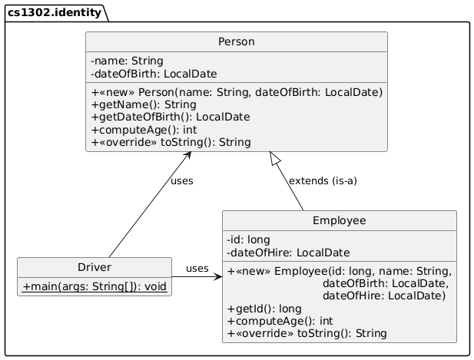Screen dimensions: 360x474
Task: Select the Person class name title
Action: (236, 41)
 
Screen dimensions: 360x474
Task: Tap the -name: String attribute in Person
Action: (127, 61)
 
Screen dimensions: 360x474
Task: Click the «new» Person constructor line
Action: (237, 92)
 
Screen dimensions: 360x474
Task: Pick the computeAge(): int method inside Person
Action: (144, 129)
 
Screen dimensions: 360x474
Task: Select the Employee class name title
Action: (340, 221)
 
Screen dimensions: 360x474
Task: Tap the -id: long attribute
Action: (249, 239)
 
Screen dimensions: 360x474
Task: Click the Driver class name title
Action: (94, 267)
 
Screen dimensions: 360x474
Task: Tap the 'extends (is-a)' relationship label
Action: (322, 181)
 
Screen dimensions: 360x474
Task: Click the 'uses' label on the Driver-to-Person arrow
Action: (181, 181)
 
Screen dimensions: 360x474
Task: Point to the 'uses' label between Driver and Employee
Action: (197, 268)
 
